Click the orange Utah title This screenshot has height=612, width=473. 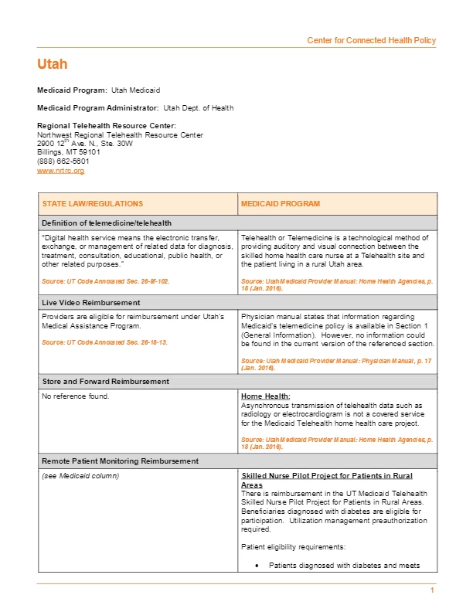(52, 64)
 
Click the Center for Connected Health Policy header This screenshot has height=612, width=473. (371, 40)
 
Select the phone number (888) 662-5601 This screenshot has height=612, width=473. (63, 161)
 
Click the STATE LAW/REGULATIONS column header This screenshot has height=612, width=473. (93, 204)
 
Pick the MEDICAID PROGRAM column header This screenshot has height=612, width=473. (281, 204)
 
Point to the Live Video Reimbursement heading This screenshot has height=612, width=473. (91, 302)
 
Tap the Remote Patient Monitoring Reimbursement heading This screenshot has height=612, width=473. (120, 461)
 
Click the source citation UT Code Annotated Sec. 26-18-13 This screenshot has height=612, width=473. (104, 342)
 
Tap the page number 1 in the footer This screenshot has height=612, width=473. (433, 591)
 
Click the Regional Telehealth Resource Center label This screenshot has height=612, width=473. (107, 125)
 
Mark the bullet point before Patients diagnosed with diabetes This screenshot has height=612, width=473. (257, 566)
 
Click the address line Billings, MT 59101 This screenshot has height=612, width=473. (69, 152)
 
